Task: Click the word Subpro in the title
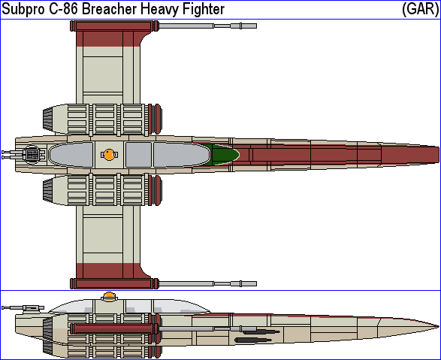[23, 9]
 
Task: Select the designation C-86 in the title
[64, 9]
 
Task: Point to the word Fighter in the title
[204, 9]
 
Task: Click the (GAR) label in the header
[420, 9]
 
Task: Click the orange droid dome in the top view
[109, 154]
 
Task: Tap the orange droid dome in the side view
[109, 295]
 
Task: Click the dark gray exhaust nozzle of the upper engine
[48, 119]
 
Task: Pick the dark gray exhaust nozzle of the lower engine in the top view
[48, 190]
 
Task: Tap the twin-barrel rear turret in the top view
[23, 154]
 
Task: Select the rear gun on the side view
[23, 308]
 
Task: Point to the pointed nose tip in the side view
[438, 326]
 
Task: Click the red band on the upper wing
[108, 39]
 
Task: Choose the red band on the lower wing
[108, 271]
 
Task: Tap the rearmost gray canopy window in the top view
[71, 154]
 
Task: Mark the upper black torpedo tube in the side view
[261, 332]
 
